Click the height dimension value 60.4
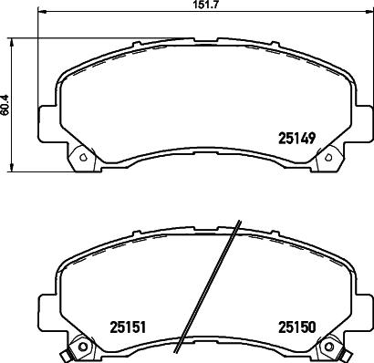6,108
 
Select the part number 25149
296,139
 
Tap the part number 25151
130,327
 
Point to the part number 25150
296,327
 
